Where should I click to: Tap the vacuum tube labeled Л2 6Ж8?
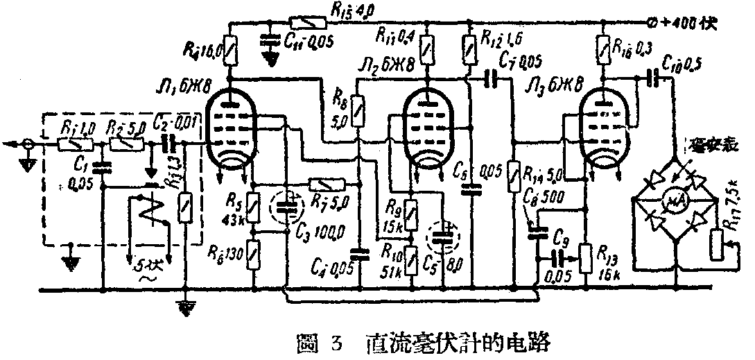pos(428,129)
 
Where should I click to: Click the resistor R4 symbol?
pos(228,51)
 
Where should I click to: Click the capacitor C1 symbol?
pos(101,166)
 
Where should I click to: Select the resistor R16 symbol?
pos(603,50)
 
